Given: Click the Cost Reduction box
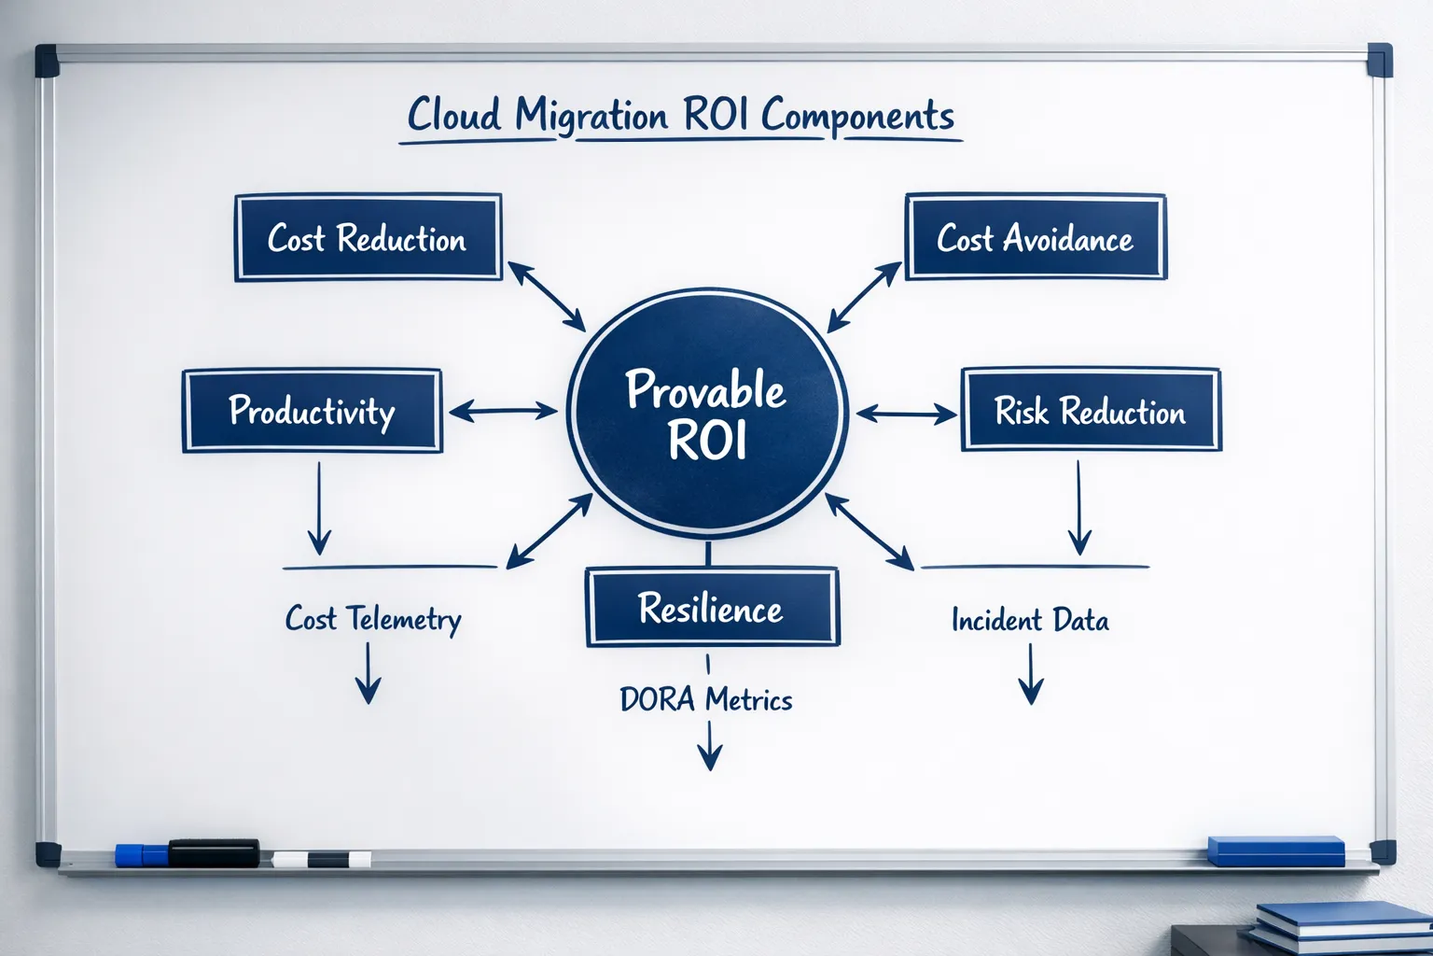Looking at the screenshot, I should point(368,238).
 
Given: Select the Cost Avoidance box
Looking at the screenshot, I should point(1035,238).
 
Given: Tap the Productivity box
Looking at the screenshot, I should point(312,411).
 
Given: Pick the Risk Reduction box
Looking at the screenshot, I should point(1090,411).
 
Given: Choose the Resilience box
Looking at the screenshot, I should point(712,609).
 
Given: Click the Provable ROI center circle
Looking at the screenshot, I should point(707,414).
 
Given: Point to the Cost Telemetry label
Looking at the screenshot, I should point(373,619).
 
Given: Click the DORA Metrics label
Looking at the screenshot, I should point(706,699).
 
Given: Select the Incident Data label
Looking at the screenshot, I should point(1030,620).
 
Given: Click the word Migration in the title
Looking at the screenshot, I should point(591,116).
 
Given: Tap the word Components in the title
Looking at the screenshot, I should point(857,116).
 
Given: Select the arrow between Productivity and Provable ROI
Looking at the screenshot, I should point(503,411).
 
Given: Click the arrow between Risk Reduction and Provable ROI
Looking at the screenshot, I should point(906,413).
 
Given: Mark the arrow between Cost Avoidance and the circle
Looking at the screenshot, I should point(864,297).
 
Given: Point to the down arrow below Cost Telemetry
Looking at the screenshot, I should point(369,673).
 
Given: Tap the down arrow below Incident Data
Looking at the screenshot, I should point(1030,675).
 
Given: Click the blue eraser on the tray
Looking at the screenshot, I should point(1275,851).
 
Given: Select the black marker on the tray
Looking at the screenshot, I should point(214,853).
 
